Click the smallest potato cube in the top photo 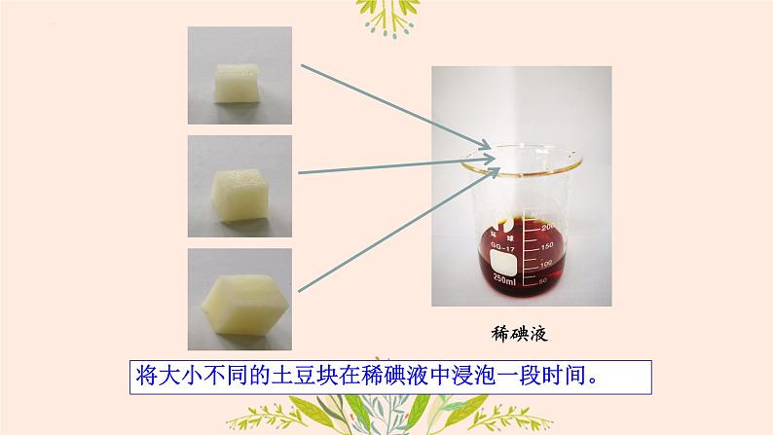click(237, 84)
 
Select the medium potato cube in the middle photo click(239, 196)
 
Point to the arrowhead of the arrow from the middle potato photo click(488, 160)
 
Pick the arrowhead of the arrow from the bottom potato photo click(493, 173)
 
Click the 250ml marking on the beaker click(504, 279)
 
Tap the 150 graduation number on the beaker click(547, 245)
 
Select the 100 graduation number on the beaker click(546, 265)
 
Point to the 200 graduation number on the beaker click(547, 227)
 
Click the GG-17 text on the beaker click(503, 246)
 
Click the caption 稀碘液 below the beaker click(520, 334)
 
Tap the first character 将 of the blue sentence click(146, 376)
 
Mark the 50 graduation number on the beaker click(542, 281)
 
